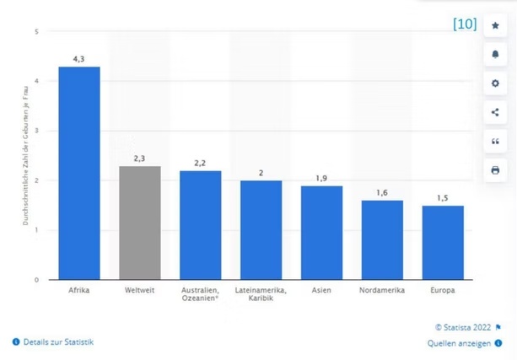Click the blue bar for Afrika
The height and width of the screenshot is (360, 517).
(78, 173)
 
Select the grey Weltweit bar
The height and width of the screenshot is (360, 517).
(139, 223)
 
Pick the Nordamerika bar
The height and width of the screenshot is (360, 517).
(382, 239)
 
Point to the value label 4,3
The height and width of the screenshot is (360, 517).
(78, 59)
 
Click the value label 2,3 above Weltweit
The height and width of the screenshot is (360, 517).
(139, 159)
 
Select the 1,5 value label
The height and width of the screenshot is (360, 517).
(443, 198)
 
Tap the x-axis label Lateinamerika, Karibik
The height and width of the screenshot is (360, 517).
(261, 295)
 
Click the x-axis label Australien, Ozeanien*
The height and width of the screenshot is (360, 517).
(200, 295)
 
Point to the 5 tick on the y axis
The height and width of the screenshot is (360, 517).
(36, 32)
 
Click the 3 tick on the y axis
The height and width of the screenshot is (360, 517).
(36, 131)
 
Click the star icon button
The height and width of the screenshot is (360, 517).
(495, 26)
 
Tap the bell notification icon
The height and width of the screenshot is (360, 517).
(495, 55)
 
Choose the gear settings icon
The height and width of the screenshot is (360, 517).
(495, 83)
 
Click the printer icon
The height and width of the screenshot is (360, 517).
(495, 169)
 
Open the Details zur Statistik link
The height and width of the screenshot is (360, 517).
(57, 341)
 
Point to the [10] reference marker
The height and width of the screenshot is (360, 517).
(465, 24)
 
